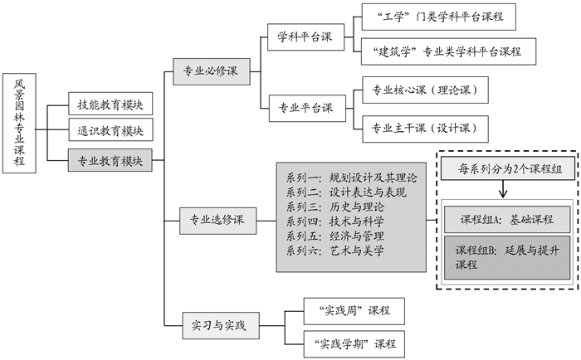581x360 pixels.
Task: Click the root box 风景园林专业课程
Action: (19, 123)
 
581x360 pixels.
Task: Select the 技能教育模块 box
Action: (110, 105)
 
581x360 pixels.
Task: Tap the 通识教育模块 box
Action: (110, 131)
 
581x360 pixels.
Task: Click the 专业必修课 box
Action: (211, 72)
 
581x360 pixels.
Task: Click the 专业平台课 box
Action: (305, 107)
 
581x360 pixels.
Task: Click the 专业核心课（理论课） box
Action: (424, 90)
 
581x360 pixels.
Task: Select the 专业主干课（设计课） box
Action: (424, 128)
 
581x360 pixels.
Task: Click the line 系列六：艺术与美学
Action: (335, 250)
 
